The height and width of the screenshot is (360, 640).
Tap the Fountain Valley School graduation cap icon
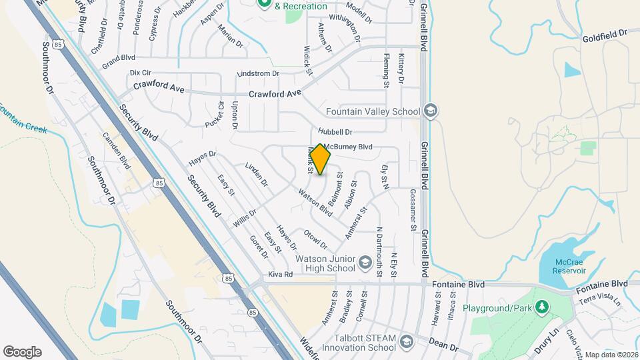click(x=430, y=111)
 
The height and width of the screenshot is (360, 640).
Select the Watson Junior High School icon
click(x=365, y=263)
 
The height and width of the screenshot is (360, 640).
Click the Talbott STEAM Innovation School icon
click(x=405, y=343)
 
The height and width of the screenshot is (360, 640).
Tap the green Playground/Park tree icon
click(x=544, y=307)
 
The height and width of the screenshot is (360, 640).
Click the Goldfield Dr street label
click(x=605, y=32)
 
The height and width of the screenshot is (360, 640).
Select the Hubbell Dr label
click(x=335, y=132)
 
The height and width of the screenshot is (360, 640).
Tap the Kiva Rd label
click(x=280, y=274)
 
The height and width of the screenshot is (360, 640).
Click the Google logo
click(x=22, y=352)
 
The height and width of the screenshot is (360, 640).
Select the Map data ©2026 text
click(x=610, y=354)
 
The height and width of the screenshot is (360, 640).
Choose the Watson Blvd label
click(x=315, y=203)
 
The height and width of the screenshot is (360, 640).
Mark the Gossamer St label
click(x=413, y=210)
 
